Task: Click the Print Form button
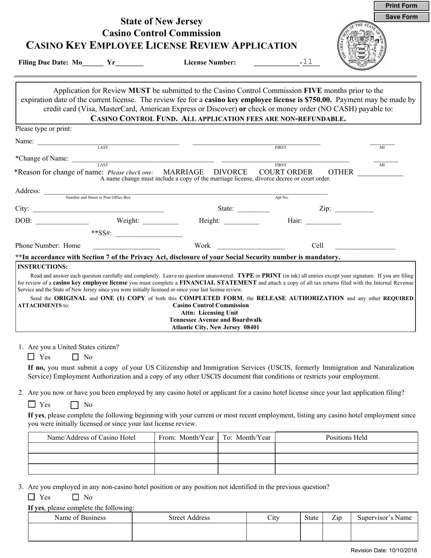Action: tap(401, 6)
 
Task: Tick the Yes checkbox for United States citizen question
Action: tap(31, 357)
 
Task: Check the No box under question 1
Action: tap(76, 357)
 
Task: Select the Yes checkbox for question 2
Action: tap(32, 404)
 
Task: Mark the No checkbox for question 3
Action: tap(76, 497)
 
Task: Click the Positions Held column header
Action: tap(346, 437)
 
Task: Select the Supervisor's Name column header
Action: tap(384, 518)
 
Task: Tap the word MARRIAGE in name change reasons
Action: tap(183, 172)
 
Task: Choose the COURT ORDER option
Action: tap(285, 172)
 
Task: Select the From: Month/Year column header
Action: tap(186, 437)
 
